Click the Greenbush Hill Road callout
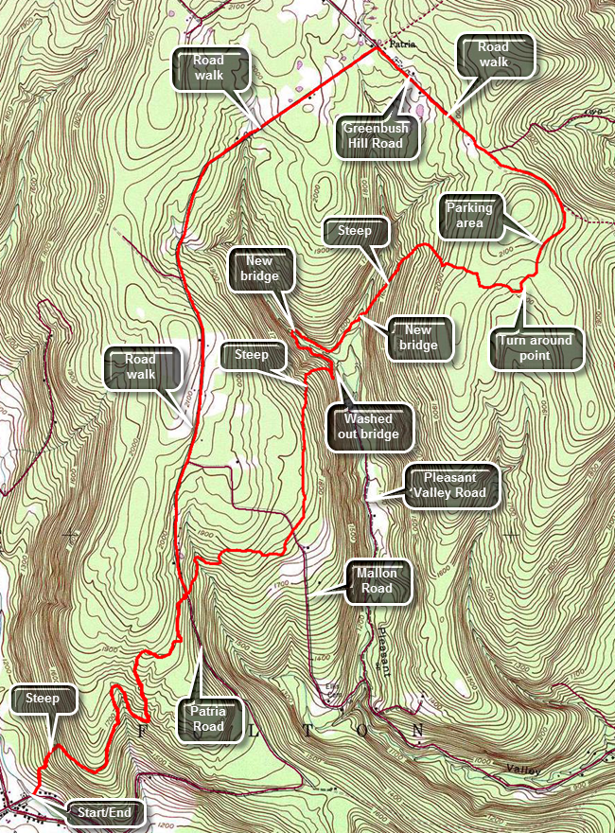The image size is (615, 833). (x=373, y=134)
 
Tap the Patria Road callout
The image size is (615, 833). (x=208, y=718)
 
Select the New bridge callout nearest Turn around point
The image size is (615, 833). (x=419, y=337)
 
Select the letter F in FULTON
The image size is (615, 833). (x=143, y=731)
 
